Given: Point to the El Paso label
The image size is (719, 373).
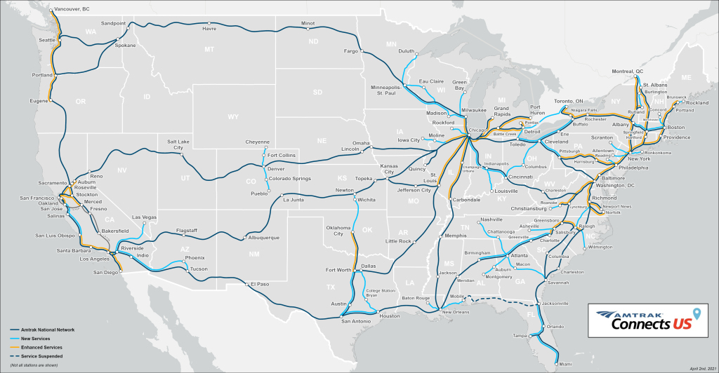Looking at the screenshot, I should [x=260, y=285].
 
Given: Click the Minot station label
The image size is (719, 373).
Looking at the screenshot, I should [x=308, y=23].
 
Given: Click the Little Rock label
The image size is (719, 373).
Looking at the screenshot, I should [x=398, y=241].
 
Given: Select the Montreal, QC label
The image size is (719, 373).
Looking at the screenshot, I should [x=628, y=72].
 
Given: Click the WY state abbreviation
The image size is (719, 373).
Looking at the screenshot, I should [x=232, y=117].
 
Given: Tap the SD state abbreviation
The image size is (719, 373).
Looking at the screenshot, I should [x=317, y=92].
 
